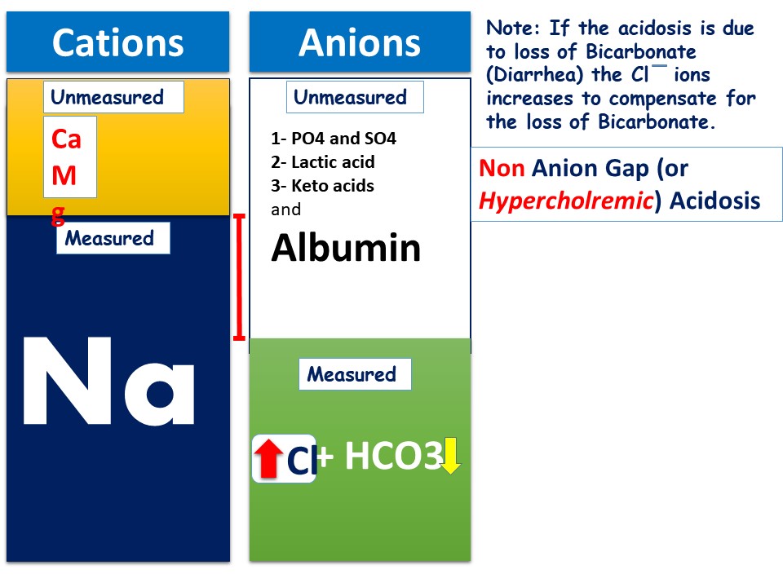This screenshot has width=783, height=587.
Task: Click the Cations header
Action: (x=117, y=42)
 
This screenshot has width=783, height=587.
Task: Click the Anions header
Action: (x=360, y=42)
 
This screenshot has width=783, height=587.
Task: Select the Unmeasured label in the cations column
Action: (x=108, y=97)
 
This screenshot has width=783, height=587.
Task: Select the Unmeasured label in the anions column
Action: (x=350, y=97)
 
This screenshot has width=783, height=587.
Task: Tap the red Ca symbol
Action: (x=66, y=139)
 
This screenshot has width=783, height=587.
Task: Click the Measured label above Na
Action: (x=109, y=238)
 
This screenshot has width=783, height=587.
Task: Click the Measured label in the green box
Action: (x=352, y=374)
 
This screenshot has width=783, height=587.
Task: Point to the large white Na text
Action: (x=108, y=381)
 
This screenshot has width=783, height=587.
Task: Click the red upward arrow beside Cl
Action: (x=268, y=458)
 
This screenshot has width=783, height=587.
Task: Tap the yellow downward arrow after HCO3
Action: (x=450, y=456)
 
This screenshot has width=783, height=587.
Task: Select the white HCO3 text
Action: (x=394, y=456)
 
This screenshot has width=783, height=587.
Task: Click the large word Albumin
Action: (x=346, y=248)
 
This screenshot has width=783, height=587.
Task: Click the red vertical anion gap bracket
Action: (x=239, y=277)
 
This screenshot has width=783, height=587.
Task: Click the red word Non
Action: (x=502, y=168)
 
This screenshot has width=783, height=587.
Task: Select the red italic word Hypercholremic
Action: (x=566, y=201)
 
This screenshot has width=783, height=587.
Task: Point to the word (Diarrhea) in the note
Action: (x=535, y=75)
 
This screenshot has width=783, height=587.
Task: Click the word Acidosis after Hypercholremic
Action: (x=714, y=201)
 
